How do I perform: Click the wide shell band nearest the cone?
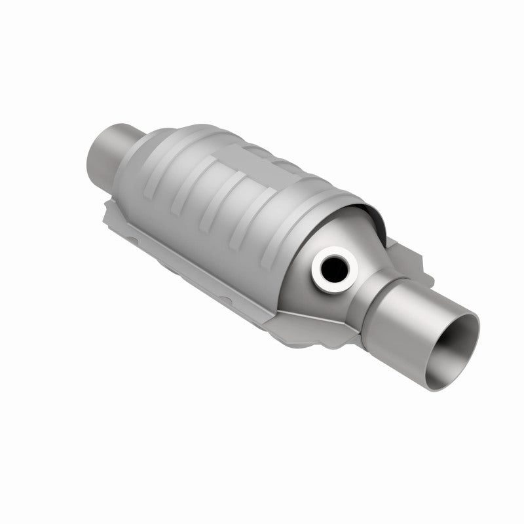pyautogui.click(x=308, y=196)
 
